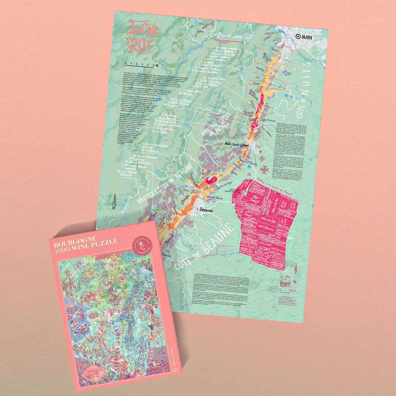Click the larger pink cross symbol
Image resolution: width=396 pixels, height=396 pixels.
tap(265, 170)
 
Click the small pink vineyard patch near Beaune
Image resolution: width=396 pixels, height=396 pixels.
tap(211, 180)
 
